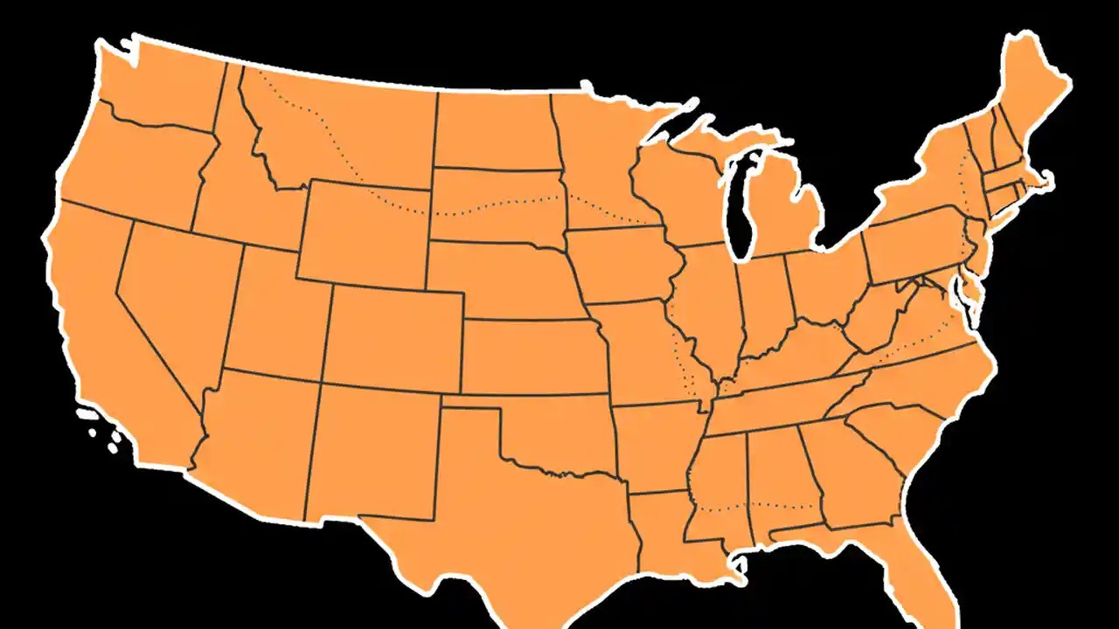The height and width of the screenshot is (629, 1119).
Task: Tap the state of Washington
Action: click(162, 83)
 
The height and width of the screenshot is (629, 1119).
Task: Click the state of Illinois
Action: click(708, 306)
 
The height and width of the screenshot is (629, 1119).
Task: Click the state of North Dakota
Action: click(494, 131)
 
